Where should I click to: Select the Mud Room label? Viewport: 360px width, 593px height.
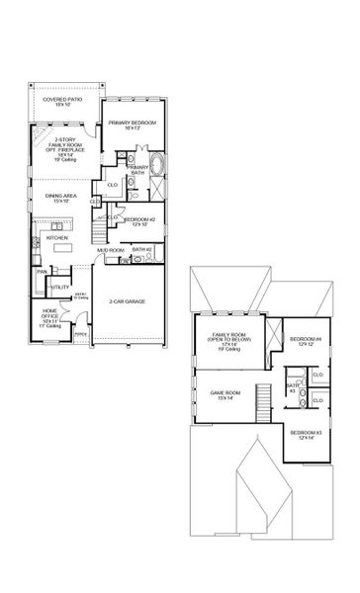click(109, 251)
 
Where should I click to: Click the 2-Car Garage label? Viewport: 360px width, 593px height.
click(133, 300)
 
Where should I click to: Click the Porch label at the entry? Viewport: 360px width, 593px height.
click(81, 334)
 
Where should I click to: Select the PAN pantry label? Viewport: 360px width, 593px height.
click(43, 271)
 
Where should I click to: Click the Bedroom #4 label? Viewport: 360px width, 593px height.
click(301, 341)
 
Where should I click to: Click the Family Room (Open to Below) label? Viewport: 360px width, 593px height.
click(226, 342)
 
